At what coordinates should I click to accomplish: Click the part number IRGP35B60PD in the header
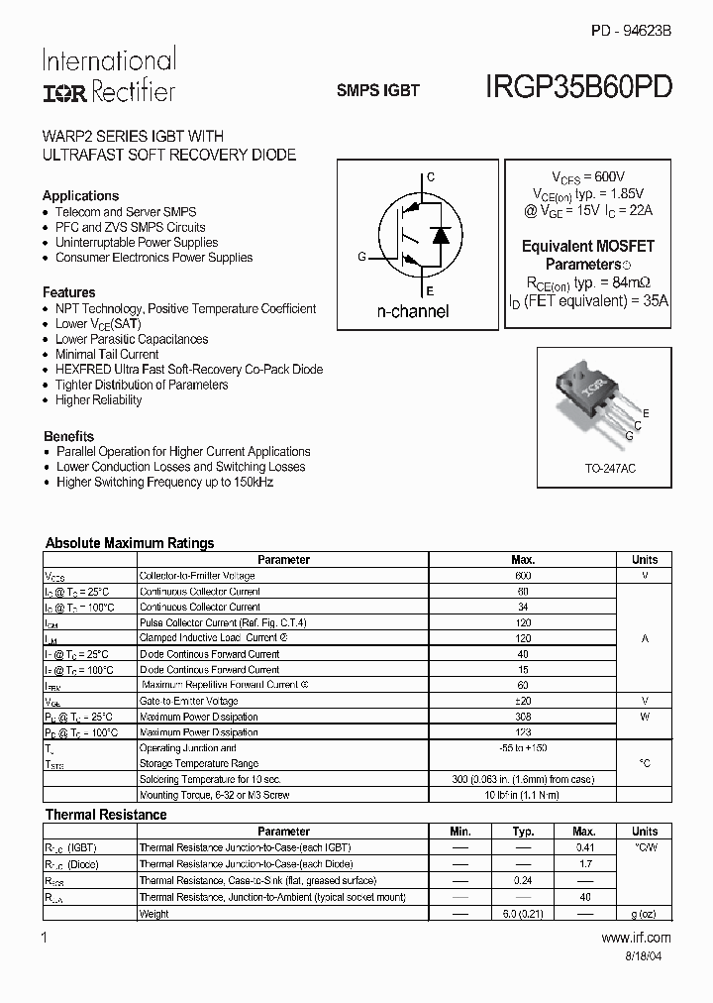(579, 87)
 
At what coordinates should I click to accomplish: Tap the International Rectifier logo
(108, 75)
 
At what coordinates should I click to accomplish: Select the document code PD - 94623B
(631, 31)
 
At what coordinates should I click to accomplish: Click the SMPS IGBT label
(378, 90)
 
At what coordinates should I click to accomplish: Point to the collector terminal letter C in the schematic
(431, 177)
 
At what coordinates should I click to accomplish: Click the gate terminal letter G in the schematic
(362, 257)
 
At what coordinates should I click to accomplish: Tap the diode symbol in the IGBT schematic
(443, 235)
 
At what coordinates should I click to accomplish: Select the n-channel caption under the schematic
(413, 311)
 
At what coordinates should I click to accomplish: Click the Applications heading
(80, 195)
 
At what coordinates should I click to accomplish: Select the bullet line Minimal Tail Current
(107, 354)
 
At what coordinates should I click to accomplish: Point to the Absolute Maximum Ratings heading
(130, 543)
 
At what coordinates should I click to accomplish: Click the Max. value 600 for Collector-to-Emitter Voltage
(523, 576)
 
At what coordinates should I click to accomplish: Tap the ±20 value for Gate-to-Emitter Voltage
(523, 701)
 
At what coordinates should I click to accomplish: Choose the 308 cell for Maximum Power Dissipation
(523, 717)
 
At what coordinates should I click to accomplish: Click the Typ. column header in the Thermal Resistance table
(523, 832)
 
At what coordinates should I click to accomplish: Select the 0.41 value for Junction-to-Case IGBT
(584, 847)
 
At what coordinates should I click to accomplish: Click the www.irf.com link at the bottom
(636, 937)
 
